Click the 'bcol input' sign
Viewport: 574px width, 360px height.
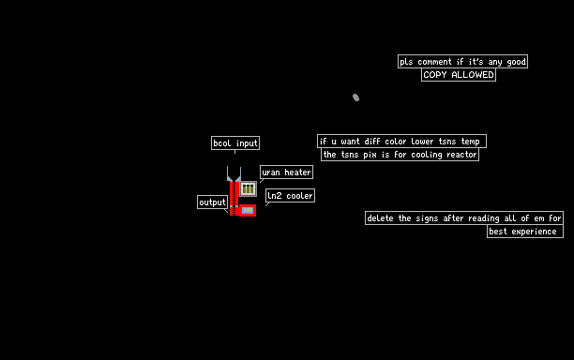(235, 143)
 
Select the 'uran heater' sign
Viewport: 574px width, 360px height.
(286, 172)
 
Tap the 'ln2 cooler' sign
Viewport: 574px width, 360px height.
(290, 195)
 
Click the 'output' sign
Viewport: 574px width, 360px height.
(212, 202)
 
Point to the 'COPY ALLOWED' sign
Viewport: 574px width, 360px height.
(459, 75)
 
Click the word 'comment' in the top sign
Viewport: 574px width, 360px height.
(434, 62)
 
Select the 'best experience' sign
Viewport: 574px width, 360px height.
(525, 232)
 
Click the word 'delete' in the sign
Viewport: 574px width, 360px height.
(381, 218)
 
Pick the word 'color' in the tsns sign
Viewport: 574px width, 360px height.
(396, 142)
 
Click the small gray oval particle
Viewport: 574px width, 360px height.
(355, 97)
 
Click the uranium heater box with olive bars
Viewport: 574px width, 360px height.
(248, 188)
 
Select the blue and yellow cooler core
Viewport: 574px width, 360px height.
(248, 210)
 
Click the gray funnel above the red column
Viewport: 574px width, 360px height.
(234, 174)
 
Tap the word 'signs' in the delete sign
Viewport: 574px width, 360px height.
(427, 218)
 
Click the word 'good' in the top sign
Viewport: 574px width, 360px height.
(516, 62)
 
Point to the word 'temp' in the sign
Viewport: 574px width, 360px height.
(471, 142)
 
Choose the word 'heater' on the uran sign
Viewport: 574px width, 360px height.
(297, 172)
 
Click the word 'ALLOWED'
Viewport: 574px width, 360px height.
(473, 75)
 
